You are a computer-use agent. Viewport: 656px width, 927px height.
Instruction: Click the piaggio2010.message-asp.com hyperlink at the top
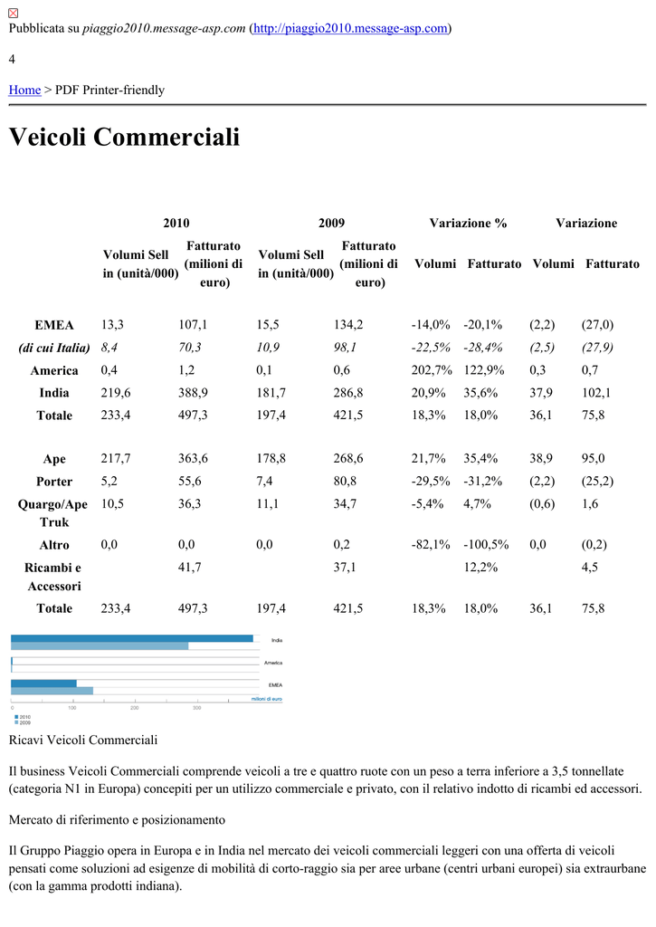(350, 29)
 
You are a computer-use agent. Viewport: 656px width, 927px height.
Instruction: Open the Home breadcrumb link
(24, 90)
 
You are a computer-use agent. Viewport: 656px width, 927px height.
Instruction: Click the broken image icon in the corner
(14, 10)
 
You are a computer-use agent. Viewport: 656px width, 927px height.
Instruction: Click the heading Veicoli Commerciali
(124, 138)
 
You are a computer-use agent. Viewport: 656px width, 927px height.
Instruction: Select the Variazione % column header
(468, 223)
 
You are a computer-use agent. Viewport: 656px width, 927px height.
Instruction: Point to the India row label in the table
(54, 393)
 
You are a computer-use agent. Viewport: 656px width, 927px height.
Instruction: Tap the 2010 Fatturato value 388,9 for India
(193, 393)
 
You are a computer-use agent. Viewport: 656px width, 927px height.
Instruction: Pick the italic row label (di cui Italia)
(54, 348)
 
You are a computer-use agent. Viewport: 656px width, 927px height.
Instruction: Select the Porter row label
(54, 482)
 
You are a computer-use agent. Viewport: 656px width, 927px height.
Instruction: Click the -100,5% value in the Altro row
(486, 545)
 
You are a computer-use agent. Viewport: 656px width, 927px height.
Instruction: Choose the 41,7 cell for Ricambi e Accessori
(189, 568)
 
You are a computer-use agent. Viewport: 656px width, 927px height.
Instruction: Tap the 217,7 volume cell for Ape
(115, 459)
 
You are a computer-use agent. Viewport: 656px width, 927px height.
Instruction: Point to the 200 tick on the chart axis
(135, 707)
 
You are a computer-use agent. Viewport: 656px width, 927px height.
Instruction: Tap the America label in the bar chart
(273, 663)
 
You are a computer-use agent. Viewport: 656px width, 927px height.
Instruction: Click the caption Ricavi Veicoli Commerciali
(83, 741)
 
